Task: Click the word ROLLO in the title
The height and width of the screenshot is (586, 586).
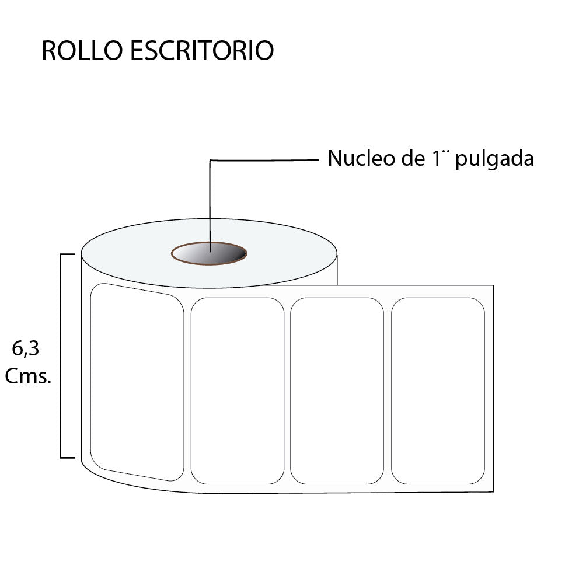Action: (82, 50)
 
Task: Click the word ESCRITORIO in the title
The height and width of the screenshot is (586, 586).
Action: (202, 50)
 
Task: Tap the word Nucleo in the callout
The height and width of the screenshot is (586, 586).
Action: (361, 158)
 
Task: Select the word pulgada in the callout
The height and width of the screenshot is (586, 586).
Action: (494, 159)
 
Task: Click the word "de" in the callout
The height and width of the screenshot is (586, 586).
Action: (413, 158)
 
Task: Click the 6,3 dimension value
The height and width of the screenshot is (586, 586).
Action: (26, 349)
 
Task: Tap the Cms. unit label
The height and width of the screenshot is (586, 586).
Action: (28, 376)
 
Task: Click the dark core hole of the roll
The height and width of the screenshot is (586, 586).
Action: (210, 253)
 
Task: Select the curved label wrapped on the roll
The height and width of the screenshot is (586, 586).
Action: (137, 382)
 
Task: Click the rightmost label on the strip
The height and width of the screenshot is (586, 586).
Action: (438, 391)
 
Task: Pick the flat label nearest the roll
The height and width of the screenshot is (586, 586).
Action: (238, 391)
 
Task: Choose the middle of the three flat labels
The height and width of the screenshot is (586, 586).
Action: (337, 391)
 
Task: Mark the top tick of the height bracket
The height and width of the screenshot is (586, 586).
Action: (67, 254)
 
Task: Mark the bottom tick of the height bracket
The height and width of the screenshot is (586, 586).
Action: (67, 458)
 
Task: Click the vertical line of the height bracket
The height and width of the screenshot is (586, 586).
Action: (61, 356)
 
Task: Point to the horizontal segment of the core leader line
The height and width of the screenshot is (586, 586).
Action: (264, 161)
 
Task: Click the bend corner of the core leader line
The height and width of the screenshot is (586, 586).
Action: (210, 161)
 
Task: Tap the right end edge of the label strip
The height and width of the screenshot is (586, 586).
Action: (493, 388)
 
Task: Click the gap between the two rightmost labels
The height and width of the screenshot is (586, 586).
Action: (388, 391)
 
